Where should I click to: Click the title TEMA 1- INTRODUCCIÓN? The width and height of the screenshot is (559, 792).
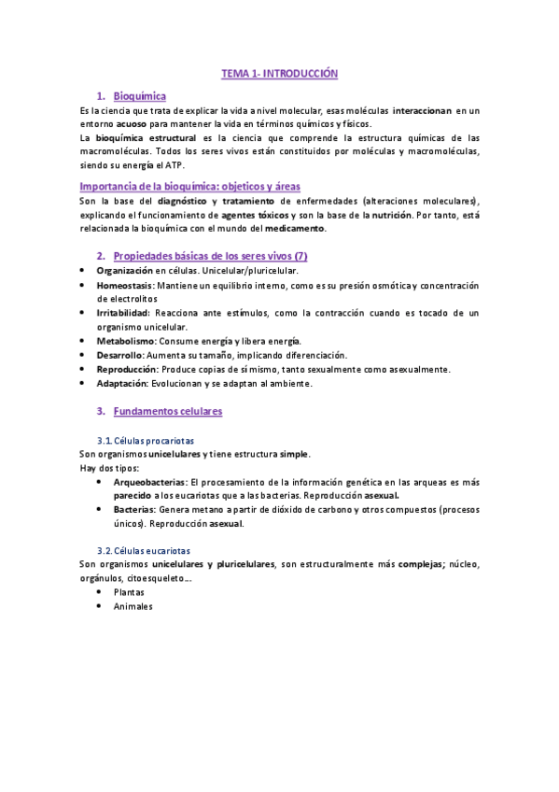[278, 72]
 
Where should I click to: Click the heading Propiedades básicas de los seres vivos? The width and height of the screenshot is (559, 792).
[210, 256]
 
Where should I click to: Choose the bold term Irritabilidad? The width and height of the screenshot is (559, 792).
[125, 313]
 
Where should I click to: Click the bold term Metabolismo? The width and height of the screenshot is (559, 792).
[126, 341]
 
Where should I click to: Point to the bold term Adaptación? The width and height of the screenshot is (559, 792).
[123, 383]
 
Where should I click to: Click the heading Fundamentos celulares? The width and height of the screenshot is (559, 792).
[168, 411]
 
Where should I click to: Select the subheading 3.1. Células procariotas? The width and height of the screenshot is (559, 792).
[147, 440]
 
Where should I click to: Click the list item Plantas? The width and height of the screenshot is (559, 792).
[129, 592]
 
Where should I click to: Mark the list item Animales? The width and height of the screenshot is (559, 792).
[133, 606]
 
